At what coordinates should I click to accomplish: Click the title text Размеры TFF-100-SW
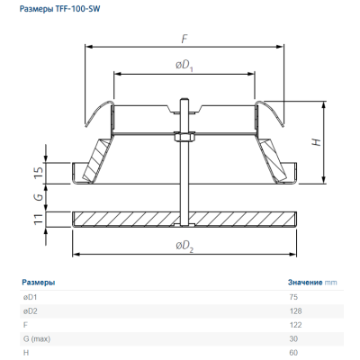pos(59,9)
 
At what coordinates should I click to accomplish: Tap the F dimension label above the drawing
pos(184,39)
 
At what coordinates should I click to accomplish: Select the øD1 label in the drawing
pos(184,66)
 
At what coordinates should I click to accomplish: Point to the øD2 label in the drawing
pos(184,247)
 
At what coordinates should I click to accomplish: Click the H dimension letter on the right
pos(317,142)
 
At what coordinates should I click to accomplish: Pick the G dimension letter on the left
pos(39,197)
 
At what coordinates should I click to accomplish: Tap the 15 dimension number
pos(39,172)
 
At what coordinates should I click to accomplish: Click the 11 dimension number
pos(39,220)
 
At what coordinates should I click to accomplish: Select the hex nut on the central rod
pos(184,138)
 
